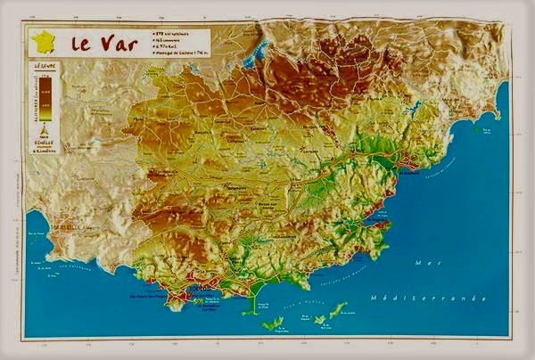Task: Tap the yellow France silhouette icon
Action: pyautogui.click(x=43, y=42)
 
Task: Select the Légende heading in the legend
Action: pyautogui.click(x=44, y=67)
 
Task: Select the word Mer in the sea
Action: pyautogui.click(x=424, y=264)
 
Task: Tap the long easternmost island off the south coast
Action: pyautogui.click(x=338, y=309)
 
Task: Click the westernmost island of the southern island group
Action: pyautogui.click(x=272, y=323)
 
